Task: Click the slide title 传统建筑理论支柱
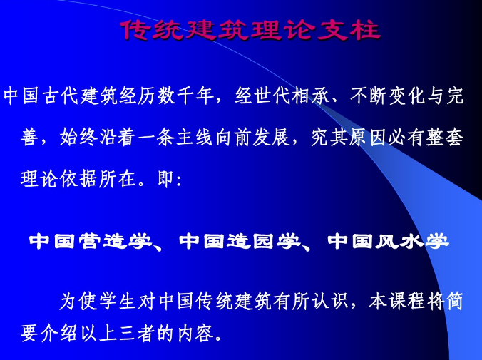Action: click(x=249, y=30)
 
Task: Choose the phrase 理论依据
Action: click(x=59, y=179)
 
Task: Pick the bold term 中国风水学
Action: click(x=388, y=242)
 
